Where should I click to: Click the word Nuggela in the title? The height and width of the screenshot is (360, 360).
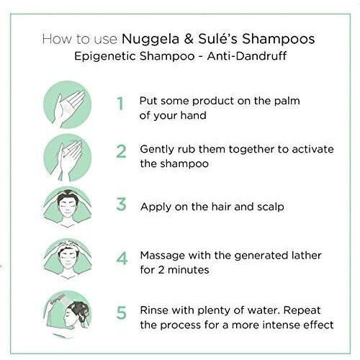[x=150, y=40]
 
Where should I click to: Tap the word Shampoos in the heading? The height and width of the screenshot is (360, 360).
[x=279, y=39]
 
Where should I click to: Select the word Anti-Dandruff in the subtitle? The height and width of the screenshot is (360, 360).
[x=247, y=56]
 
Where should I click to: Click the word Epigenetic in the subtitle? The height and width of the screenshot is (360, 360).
[x=105, y=57]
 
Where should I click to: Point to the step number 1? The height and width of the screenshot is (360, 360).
[x=120, y=104]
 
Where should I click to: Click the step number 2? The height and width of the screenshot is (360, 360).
[x=121, y=151]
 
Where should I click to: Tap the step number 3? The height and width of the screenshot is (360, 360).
[x=121, y=204]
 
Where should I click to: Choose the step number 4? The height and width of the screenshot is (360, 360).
[x=122, y=258]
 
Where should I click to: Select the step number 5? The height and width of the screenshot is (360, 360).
[x=122, y=312]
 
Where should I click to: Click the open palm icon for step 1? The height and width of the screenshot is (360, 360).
[x=68, y=104]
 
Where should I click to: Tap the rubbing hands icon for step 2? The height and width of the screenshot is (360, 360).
[x=68, y=158]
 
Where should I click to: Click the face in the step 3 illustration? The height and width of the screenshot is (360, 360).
[x=68, y=207]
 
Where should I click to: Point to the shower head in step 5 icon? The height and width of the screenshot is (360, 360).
[x=59, y=299]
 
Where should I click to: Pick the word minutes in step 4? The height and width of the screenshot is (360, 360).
[x=189, y=270]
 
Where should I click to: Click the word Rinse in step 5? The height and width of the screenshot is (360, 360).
[x=154, y=310]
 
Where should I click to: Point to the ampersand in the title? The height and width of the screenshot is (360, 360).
[x=189, y=40]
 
